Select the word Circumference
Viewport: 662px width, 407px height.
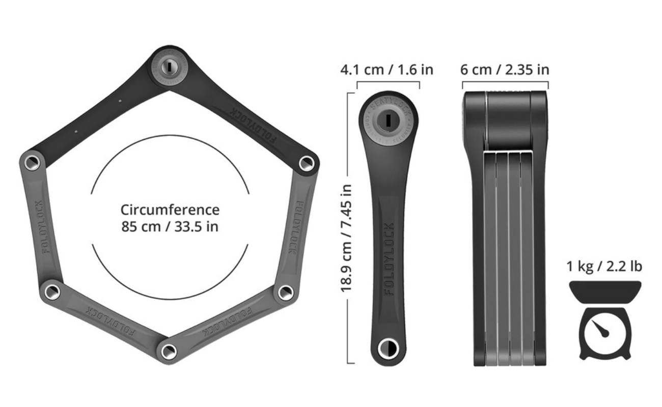pyautogui.click(x=170, y=210)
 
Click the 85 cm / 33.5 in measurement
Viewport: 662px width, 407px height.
pyautogui.click(x=170, y=226)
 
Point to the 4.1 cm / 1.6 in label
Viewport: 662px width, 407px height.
pyautogui.click(x=387, y=69)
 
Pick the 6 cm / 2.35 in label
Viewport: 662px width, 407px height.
pyautogui.click(x=505, y=69)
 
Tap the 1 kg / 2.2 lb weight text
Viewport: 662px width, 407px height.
pyautogui.click(x=604, y=266)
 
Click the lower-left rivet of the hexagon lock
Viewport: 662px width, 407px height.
pyautogui.click(x=51, y=292)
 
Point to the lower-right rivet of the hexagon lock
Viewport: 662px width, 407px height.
pyautogui.click(x=285, y=293)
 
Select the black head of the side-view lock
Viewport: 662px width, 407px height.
pyautogui.click(x=505, y=120)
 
